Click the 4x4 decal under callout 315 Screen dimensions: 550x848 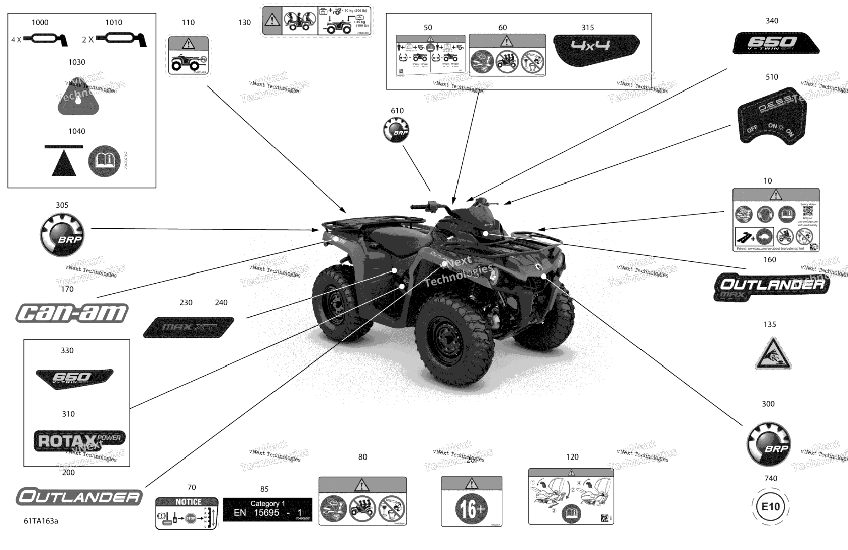pos(597,49)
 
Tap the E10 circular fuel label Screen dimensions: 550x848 pos(770,506)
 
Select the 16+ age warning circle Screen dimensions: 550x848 pos(471,509)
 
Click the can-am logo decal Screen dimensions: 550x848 pos(72,313)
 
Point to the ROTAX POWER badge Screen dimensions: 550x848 pos(79,441)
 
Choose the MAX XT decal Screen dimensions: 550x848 pos(189,327)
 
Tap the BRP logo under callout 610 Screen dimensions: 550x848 pos(396,130)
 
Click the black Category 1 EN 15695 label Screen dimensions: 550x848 pos(267,510)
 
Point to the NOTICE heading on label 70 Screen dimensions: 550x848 pos(188,502)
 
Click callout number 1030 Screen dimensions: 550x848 pos(77,62)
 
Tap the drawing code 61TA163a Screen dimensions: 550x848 pos(40,521)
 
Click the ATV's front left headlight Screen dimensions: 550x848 pos(494,275)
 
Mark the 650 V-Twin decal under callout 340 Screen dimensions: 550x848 pos(775,43)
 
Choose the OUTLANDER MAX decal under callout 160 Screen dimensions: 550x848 pos(771,287)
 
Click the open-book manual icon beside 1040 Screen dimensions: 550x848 pos(104,161)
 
